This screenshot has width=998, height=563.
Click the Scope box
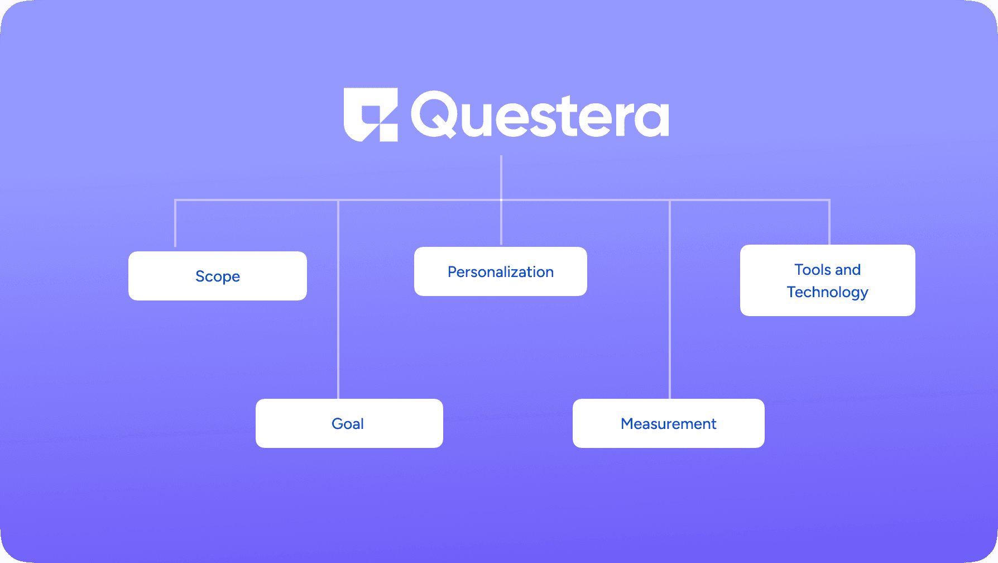click(x=218, y=276)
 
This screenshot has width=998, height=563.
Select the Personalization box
click(x=501, y=271)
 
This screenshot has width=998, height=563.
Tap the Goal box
click(x=349, y=423)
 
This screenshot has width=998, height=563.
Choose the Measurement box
click(x=669, y=423)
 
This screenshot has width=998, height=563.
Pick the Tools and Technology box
click(x=828, y=280)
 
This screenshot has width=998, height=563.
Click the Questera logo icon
click(x=371, y=114)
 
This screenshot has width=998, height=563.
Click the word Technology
click(x=828, y=292)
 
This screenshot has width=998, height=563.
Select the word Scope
click(x=218, y=276)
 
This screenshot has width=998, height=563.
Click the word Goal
click(x=348, y=423)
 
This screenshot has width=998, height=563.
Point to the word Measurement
click(x=669, y=424)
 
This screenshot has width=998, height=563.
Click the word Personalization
click(x=501, y=272)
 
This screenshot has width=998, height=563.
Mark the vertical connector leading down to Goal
click(x=338, y=299)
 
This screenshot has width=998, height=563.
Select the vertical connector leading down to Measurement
click(x=670, y=299)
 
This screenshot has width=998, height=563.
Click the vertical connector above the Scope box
click(x=175, y=223)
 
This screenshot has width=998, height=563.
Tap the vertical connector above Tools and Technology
click(x=829, y=222)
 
